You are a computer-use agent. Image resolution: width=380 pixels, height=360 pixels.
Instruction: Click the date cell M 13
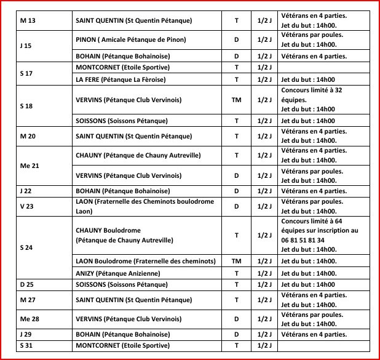[28, 21]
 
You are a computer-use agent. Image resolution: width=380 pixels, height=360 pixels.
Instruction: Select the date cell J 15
[26, 46]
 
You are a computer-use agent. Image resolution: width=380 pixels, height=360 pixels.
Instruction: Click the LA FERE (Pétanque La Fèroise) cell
[121, 80]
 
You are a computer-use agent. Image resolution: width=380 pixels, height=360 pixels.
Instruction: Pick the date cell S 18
[26, 106]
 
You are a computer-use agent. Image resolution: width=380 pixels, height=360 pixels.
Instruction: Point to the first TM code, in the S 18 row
[237, 98]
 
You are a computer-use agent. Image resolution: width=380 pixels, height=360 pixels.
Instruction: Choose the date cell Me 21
[30, 166]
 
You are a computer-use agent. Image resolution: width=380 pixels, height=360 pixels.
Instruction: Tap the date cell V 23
[26, 206]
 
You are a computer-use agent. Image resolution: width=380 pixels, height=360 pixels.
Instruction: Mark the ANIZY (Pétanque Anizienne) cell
[117, 273]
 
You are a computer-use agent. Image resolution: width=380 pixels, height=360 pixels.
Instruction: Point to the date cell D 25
[26, 284]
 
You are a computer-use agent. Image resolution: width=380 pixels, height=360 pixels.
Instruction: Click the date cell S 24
[26, 247]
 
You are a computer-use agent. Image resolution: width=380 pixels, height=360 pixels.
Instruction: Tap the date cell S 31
[26, 345]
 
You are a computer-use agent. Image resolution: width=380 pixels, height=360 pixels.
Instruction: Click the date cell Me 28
[30, 319]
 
